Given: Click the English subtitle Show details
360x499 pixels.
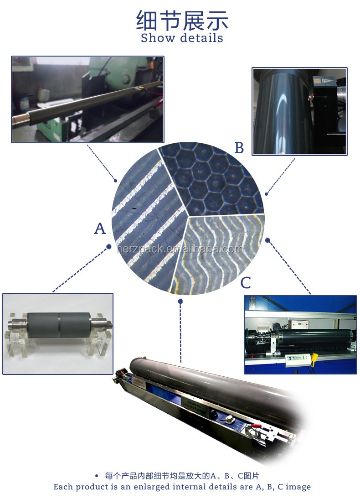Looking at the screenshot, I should click(x=182, y=38).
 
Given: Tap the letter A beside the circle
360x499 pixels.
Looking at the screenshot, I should click(x=100, y=228).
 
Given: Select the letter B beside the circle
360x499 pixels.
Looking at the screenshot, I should click(x=239, y=148).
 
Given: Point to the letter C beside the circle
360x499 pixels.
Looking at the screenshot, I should click(x=246, y=283).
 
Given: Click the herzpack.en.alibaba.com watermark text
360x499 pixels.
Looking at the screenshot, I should click(x=180, y=249).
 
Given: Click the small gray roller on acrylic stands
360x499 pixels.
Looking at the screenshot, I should click(x=59, y=325).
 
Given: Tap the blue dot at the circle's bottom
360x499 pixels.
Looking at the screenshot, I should click(x=180, y=301).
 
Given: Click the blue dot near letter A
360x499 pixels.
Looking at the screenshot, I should click(x=109, y=247).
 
